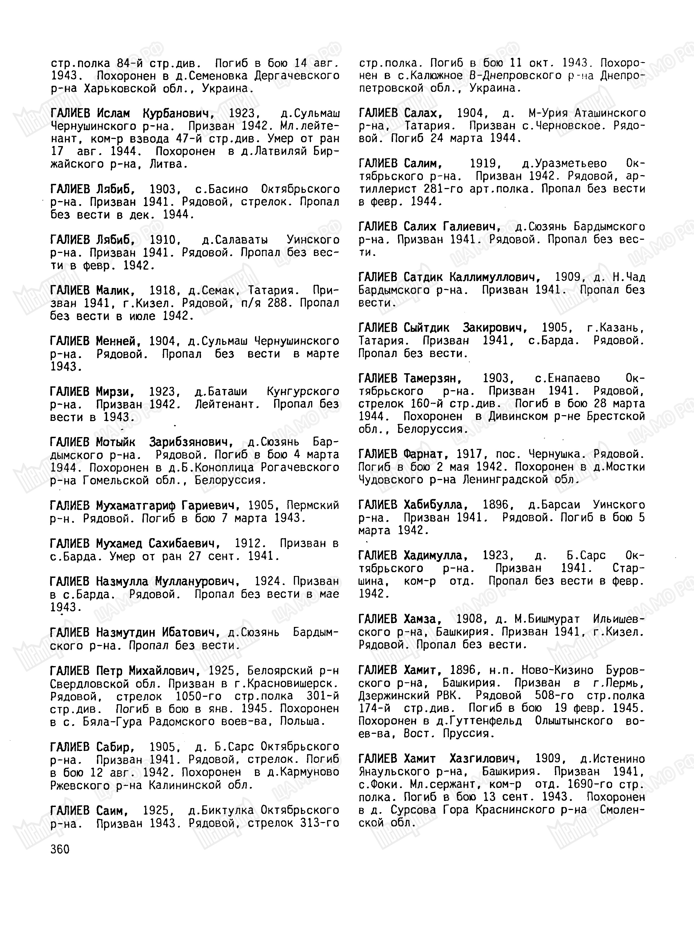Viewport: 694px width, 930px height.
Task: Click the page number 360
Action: (x=60, y=849)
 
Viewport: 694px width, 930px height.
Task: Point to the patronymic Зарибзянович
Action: (x=191, y=442)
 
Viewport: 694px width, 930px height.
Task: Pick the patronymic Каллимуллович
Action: (x=494, y=277)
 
